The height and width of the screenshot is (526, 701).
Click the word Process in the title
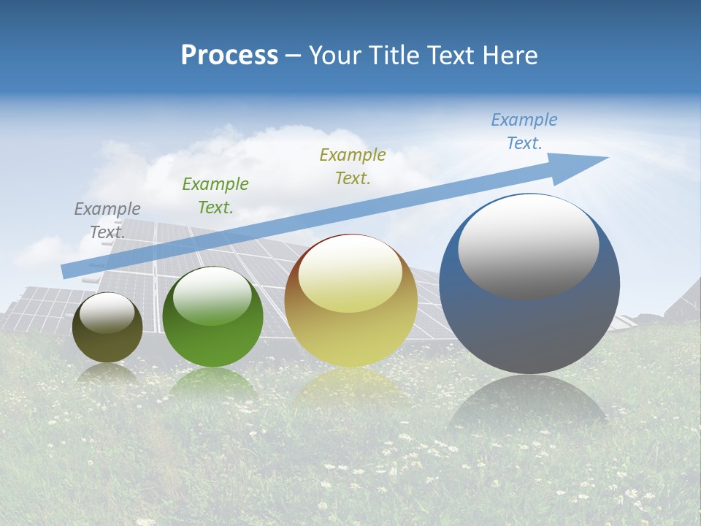pyautogui.click(x=229, y=56)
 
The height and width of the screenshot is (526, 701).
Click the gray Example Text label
pyautogui.click(x=107, y=221)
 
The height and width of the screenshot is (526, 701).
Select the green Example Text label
pyautogui.click(x=215, y=196)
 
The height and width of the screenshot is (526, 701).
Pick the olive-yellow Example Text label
pyautogui.click(x=353, y=166)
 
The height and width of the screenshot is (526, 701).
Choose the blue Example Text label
pyautogui.click(x=524, y=131)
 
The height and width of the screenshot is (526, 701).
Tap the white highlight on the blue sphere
pyautogui.click(x=528, y=246)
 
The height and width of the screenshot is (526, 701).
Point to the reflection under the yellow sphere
pyautogui.click(x=350, y=387)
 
